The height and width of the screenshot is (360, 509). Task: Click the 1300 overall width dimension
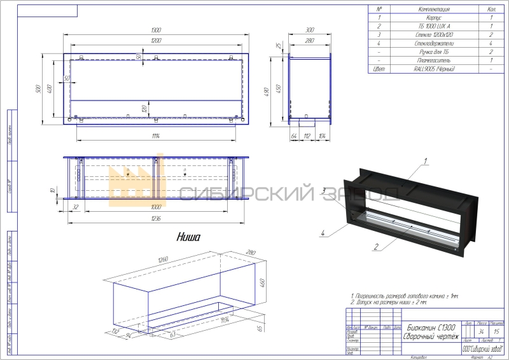[x=156, y=31]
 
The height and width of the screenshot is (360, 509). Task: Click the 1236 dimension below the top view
[x=156, y=219]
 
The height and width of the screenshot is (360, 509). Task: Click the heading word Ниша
[x=188, y=237]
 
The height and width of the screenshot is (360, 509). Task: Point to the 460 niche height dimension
[x=262, y=280]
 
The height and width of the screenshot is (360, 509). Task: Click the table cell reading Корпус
[x=434, y=18]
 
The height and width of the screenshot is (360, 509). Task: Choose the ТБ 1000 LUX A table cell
[x=434, y=26]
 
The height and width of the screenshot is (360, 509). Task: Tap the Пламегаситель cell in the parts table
[x=434, y=60]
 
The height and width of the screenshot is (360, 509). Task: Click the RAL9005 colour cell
[x=434, y=68]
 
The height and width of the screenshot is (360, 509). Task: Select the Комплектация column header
[x=434, y=10]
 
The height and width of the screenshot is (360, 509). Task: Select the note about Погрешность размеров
[x=404, y=296]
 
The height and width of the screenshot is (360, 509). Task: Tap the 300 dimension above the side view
[x=310, y=31]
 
